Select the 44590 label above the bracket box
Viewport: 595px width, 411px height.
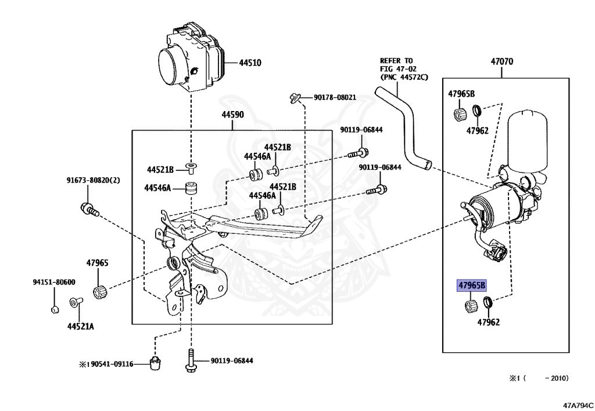click(x=232, y=115)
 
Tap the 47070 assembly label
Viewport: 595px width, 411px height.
click(x=502, y=61)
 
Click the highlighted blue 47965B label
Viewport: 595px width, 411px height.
click(x=471, y=285)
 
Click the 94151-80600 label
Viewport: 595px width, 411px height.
click(x=53, y=282)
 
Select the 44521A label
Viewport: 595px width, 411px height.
click(x=80, y=326)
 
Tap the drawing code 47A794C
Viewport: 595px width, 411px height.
click(x=578, y=405)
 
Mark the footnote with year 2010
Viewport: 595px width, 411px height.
click(x=539, y=378)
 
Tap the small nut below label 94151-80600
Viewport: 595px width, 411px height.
click(x=53, y=309)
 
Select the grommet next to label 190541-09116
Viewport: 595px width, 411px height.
click(x=155, y=363)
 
